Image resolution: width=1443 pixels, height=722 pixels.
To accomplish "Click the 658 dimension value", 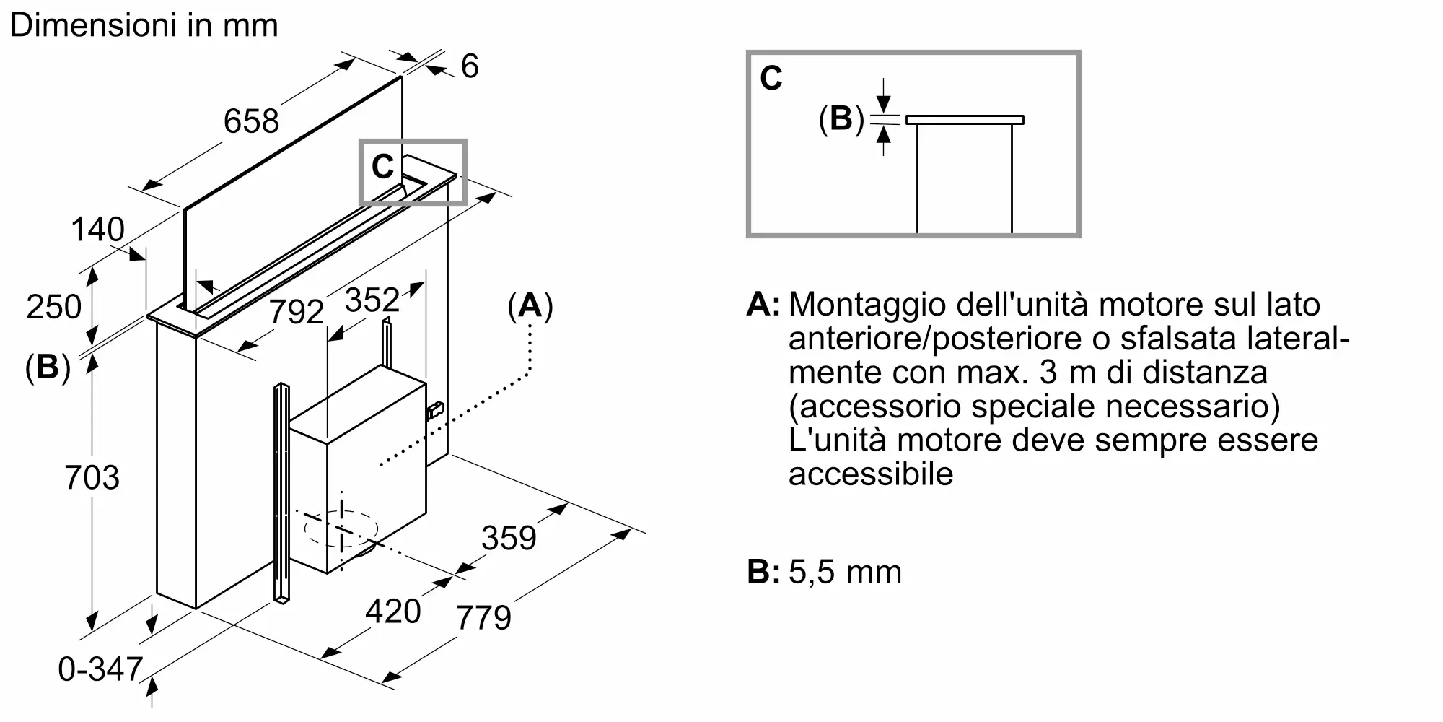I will point(251,121).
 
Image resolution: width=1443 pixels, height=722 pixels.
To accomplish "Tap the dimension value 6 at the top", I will point(469,66).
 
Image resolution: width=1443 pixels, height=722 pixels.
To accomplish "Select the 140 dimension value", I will point(97,230).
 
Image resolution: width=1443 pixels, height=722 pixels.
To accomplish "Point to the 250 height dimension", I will point(53,307).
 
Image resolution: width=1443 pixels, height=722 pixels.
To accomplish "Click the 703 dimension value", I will point(92,477).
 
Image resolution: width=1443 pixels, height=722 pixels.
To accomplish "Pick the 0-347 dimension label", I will point(100,669).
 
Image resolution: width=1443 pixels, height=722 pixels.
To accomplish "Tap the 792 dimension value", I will point(296,312).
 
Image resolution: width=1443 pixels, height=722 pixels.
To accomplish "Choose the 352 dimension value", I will point(372,300).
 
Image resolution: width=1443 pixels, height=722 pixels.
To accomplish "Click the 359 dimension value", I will point(509,538).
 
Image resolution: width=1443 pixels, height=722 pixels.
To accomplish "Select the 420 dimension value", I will point(393,612).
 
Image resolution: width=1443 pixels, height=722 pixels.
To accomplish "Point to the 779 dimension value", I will point(483,617).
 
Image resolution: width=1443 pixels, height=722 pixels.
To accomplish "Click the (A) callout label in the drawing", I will point(530,306).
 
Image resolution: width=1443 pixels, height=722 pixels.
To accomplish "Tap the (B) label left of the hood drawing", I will point(48,367).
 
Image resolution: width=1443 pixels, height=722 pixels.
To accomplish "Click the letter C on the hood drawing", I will point(382,168).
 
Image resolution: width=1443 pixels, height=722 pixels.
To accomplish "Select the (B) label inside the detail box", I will point(841,118).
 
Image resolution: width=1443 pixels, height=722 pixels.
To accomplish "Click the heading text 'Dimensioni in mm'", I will point(144,26).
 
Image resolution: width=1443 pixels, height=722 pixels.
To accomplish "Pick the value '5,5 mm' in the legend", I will point(845,572).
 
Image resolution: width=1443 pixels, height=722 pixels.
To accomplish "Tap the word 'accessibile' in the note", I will point(871,474).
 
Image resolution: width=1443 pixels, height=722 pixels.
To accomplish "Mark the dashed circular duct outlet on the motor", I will point(341,529).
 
